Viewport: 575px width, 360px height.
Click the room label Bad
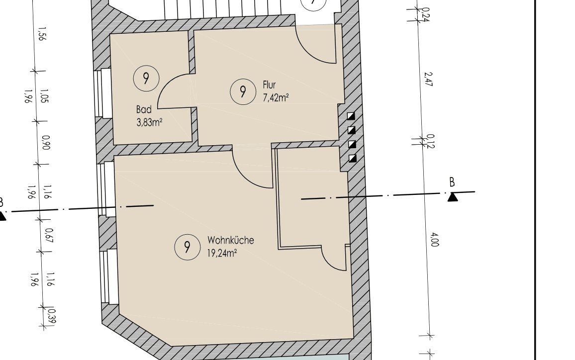pos(144,109)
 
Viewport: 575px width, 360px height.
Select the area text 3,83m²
pos(150,122)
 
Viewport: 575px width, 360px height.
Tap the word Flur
pos(269,85)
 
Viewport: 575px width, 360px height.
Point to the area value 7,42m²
pos(276,97)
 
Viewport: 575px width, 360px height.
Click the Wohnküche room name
pos(231,240)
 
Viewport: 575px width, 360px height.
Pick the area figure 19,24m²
pos(222,253)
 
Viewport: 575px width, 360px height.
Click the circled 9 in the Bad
pos(146,78)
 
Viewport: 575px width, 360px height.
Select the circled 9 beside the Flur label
pos(243,91)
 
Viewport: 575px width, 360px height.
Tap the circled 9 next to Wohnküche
pos(187,247)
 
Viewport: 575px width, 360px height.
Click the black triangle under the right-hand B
pos(453,197)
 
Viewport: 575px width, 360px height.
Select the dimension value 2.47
pos(428,79)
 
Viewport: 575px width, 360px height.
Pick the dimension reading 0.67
pos(49,235)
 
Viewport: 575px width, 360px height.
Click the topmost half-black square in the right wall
pos(351,116)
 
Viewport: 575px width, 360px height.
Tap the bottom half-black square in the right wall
pos(353,159)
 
